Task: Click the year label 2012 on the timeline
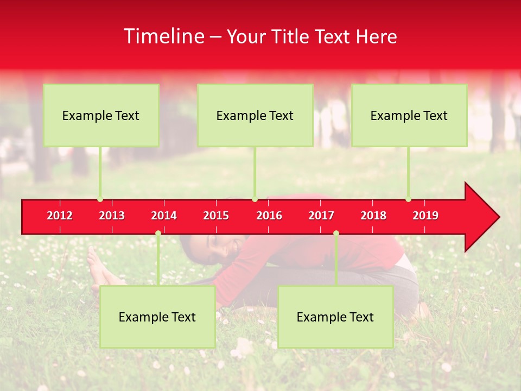tap(60, 216)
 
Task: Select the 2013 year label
tap(112, 216)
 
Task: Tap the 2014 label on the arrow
tap(164, 216)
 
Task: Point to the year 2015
tap(216, 216)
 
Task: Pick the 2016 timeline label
tap(269, 216)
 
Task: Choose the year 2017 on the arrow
tap(321, 216)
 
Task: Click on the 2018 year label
tap(373, 216)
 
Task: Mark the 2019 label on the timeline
tap(425, 216)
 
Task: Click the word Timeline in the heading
tap(163, 36)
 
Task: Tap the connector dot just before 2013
tap(100, 199)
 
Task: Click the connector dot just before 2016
tap(255, 199)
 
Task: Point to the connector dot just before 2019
tap(408, 199)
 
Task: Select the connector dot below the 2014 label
tap(158, 234)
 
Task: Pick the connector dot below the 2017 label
tap(336, 234)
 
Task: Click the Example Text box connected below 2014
tap(157, 317)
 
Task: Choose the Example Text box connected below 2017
tap(335, 317)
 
